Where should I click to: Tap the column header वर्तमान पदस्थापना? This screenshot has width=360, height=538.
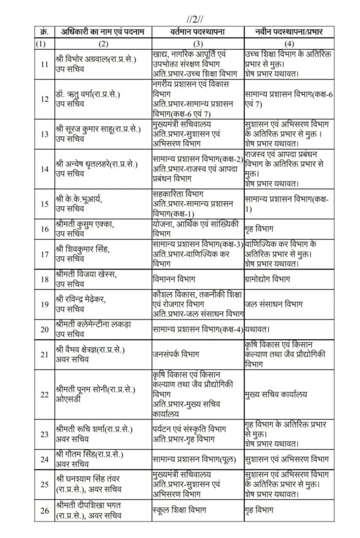click(x=198, y=33)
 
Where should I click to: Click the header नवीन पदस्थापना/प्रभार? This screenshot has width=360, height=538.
click(x=284, y=33)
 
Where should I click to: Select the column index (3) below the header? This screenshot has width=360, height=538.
click(x=198, y=45)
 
